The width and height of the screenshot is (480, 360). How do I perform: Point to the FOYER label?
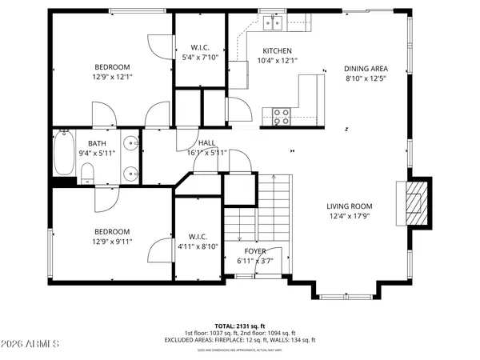coord(254,250)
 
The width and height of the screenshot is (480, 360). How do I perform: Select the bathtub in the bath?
coord(64,153)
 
